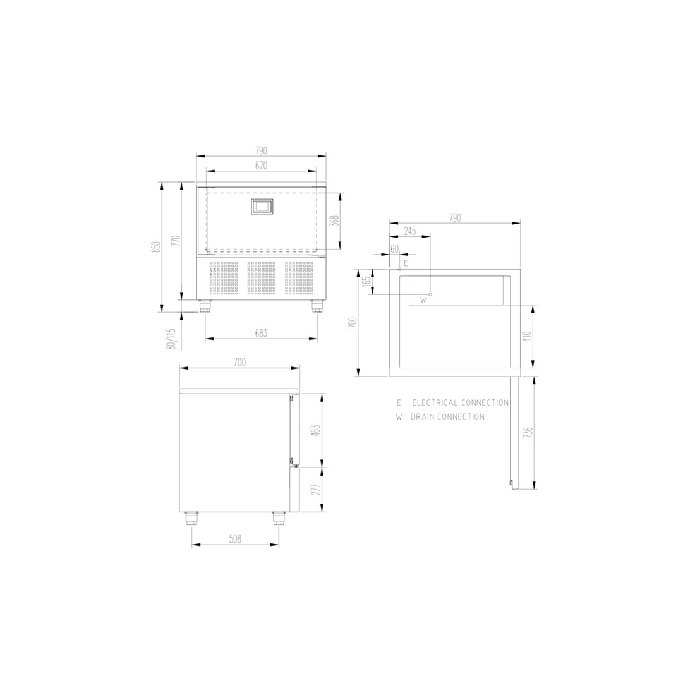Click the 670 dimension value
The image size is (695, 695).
261,166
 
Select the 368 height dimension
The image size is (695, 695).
334,221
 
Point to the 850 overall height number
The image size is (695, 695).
155,247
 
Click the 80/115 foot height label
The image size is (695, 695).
171,339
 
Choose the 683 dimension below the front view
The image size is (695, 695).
261,333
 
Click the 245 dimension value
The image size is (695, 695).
410,231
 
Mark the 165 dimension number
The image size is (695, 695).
366,282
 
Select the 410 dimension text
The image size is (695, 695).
526,336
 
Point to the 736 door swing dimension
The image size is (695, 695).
528,433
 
